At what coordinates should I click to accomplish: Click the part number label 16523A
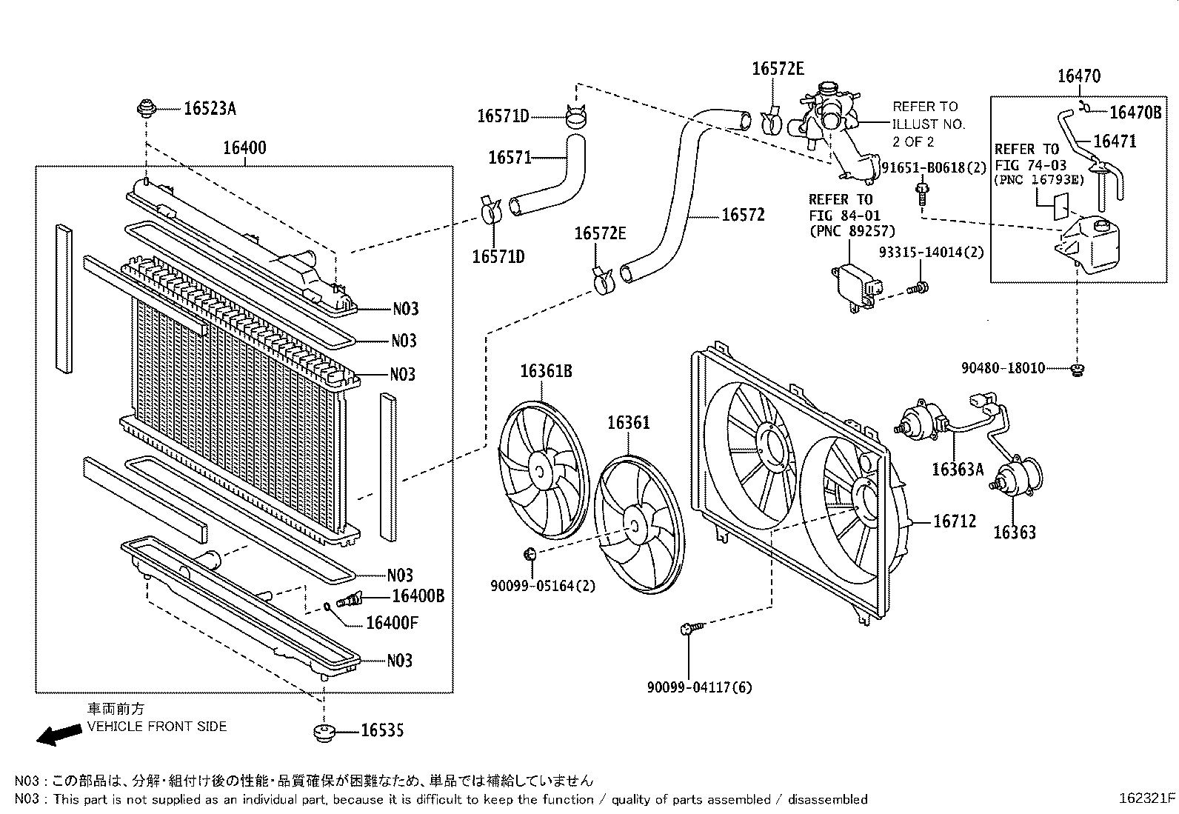210,109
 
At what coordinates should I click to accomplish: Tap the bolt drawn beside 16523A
146,110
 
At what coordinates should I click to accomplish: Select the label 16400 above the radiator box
244,147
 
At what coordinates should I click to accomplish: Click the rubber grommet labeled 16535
323,733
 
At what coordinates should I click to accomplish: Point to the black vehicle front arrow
59,735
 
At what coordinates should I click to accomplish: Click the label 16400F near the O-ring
392,623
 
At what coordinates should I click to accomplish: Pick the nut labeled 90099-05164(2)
530,553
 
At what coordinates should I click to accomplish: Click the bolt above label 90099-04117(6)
687,629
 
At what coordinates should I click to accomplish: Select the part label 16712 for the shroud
954,521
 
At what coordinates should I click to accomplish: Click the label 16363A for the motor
957,469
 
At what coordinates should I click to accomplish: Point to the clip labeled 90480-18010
1078,368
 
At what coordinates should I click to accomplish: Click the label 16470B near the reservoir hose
1135,112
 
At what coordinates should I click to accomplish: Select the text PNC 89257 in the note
851,231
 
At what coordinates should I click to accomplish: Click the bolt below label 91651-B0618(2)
922,193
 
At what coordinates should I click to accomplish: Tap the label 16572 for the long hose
742,215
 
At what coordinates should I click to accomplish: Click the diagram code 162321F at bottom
1147,798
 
